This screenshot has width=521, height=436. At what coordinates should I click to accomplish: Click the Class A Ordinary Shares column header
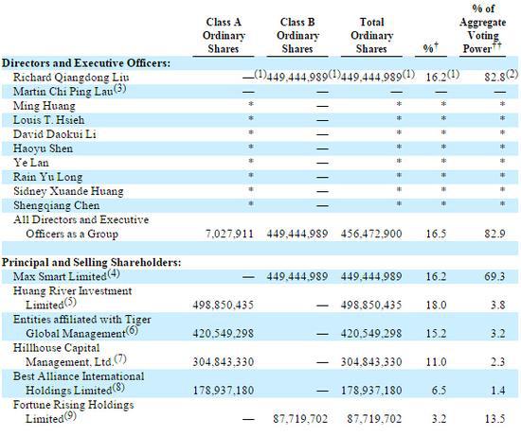pyautogui.click(x=224, y=36)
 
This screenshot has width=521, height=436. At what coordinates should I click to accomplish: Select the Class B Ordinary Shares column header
pyautogui.click(x=297, y=36)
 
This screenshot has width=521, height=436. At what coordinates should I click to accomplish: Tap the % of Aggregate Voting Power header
pyautogui.click(x=483, y=29)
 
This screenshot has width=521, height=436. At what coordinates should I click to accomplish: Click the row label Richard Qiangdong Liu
pyautogui.click(x=71, y=78)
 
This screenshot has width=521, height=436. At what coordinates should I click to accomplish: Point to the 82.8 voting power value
pyautogui.click(x=494, y=78)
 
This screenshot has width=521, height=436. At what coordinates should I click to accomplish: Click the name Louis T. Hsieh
pyautogui.click(x=49, y=120)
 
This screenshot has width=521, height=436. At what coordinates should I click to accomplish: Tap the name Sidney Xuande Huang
pyautogui.click(x=68, y=191)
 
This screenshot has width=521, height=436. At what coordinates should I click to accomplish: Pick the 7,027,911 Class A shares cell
pyautogui.click(x=229, y=234)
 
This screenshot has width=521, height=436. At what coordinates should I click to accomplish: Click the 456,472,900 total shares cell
pyautogui.click(x=371, y=234)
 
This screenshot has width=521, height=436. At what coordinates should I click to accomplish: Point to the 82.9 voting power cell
pyautogui.click(x=494, y=234)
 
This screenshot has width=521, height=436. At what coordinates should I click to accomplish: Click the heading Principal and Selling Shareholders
pyautogui.click(x=92, y=263)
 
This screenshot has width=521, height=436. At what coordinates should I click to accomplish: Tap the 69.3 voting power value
pyautogui.click(x=494, y=276)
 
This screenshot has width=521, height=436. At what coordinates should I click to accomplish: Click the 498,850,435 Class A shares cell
pyautogui.click(x=223, y=305)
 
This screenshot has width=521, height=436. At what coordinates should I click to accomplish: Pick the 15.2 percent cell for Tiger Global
pyautogui.click(x=437, y=334)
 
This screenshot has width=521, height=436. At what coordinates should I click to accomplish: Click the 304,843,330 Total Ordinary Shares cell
pyautogui.click(x=371, y=362)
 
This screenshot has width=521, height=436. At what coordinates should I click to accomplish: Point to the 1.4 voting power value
pyautogui.click(x=497, y=391)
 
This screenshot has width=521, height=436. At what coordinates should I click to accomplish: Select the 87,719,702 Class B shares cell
pyautogui.click(x=300, y=419)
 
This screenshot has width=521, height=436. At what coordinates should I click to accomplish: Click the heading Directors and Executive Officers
pyautogui.click(x=86, y=63)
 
